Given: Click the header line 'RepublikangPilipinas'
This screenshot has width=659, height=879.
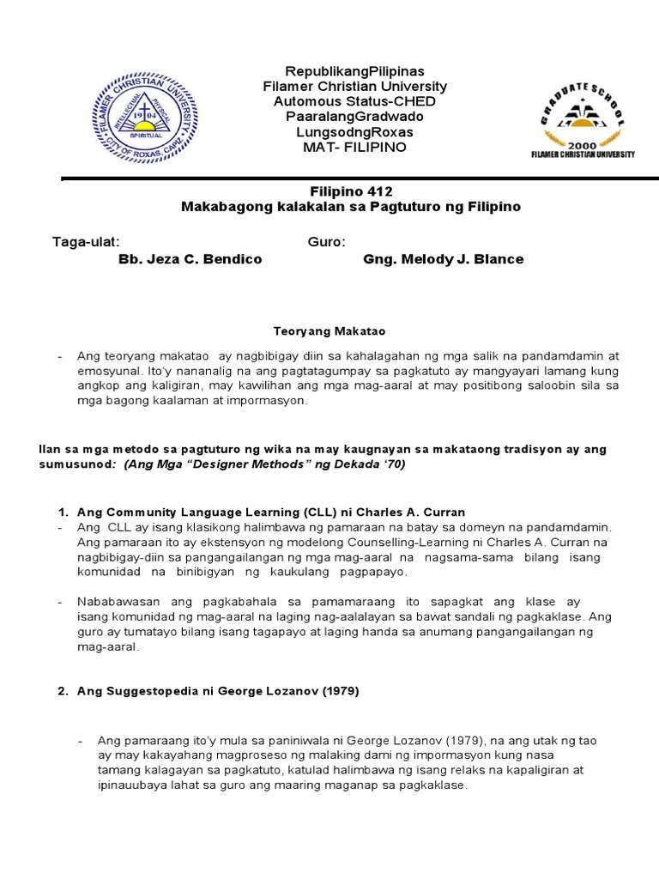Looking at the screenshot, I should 354,71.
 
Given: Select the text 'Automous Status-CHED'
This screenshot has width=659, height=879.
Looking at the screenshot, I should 354,101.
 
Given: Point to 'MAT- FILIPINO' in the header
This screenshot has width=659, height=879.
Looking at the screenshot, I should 354,147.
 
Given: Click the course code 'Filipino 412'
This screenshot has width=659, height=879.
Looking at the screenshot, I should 350,191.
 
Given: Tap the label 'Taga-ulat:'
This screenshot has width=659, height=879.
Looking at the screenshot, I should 86,242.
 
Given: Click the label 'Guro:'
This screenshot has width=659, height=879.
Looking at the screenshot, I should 326,242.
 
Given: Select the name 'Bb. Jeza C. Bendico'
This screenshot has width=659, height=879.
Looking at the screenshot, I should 190,259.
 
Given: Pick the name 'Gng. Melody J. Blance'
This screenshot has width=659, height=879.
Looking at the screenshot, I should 443,259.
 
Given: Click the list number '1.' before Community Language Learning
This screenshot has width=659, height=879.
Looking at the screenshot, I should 63,512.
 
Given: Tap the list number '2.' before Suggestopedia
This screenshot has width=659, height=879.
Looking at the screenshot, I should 63,691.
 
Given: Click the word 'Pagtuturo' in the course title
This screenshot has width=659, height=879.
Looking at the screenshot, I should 423,207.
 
